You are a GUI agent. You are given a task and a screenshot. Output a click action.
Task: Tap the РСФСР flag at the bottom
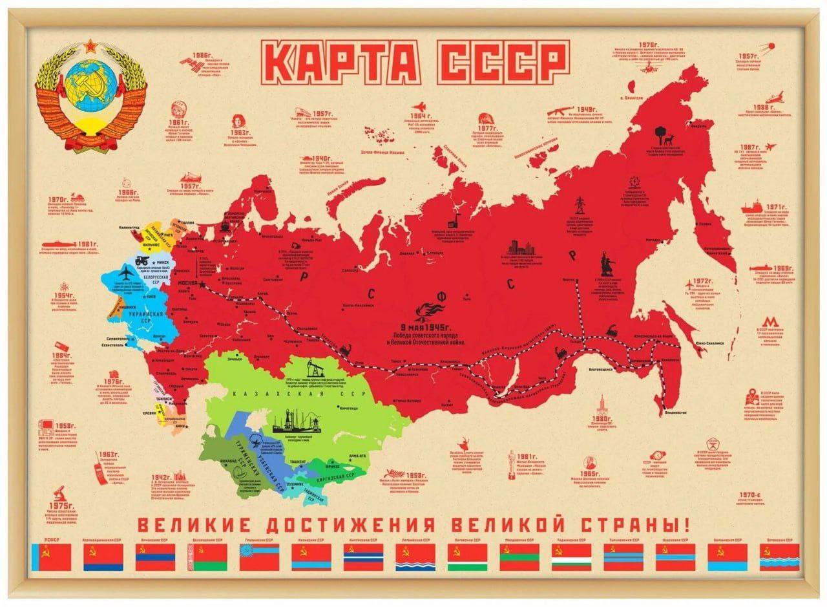[x=50, y=557]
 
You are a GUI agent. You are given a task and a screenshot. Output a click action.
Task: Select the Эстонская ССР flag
[x=779, y=557]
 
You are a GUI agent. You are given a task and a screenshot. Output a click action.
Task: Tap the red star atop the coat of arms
[x=90, y=47]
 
